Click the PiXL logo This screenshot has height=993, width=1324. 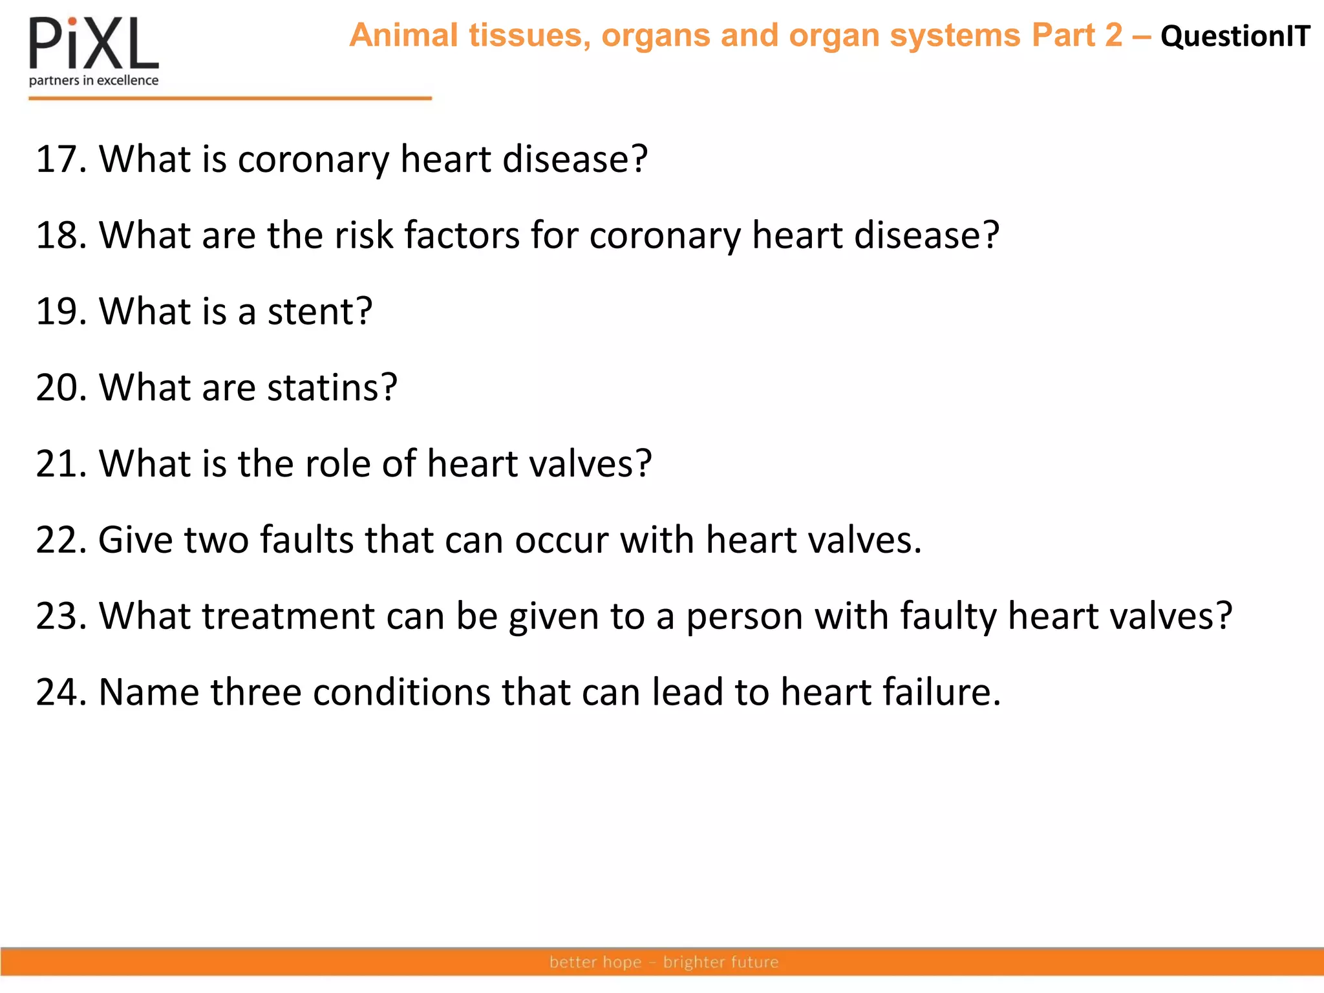coord(94,44)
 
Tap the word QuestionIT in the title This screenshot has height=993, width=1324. coord(1235,36)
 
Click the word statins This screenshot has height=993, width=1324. coord(332,388)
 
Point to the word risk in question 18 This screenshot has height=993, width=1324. coord(363,235)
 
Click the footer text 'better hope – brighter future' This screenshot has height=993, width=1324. coord(664,962)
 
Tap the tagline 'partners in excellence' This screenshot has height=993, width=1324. coord(94,81)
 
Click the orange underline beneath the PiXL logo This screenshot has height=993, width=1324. coord(230,98)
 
